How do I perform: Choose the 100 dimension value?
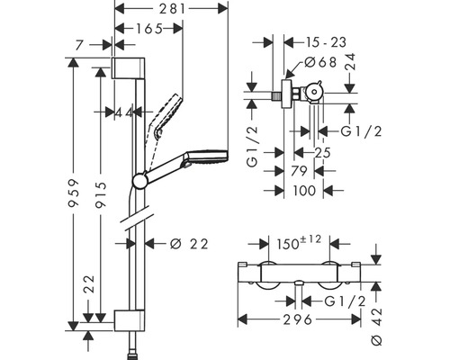click(x=303, y=191)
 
